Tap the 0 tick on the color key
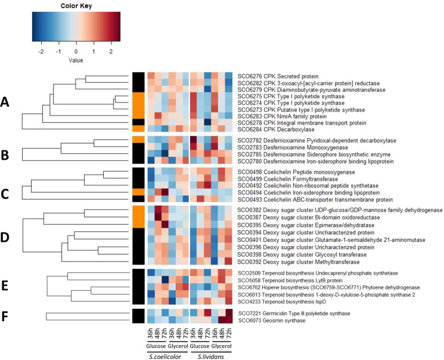click(76, 52)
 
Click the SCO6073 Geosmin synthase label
click(267, 321)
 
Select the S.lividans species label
click(212, 355)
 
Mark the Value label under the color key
click(76, 61)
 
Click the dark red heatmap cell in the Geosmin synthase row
click(228, 321)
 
